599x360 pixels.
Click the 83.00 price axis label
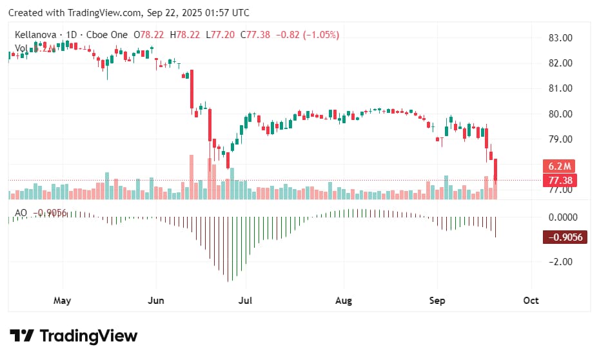click(x=559, y=38)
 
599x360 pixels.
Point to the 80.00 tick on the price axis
click(x=559, y=114)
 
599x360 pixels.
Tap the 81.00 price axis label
click(x=559, y=88)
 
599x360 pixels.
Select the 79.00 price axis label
click(x=559, y=139)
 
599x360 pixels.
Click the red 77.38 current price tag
click(x=559, y=180)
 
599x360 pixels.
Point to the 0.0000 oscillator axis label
click(x=561, y=217)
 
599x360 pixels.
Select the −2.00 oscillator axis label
click(x=559, y=261)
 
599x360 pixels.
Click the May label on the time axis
click(x=62, y=301)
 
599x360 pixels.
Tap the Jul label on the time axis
click(x=244, y=301)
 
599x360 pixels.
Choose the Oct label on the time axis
click(x=531, y=301)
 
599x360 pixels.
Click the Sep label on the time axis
click(x=438, y=301)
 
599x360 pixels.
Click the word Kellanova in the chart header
click(x=36, y=35)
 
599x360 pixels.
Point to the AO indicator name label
click(x=21, y=213)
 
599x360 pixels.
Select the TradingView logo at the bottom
click(x=74, y=336)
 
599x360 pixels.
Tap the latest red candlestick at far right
click(x=496, y=171)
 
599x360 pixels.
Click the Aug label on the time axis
click(x=344, y=301)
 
